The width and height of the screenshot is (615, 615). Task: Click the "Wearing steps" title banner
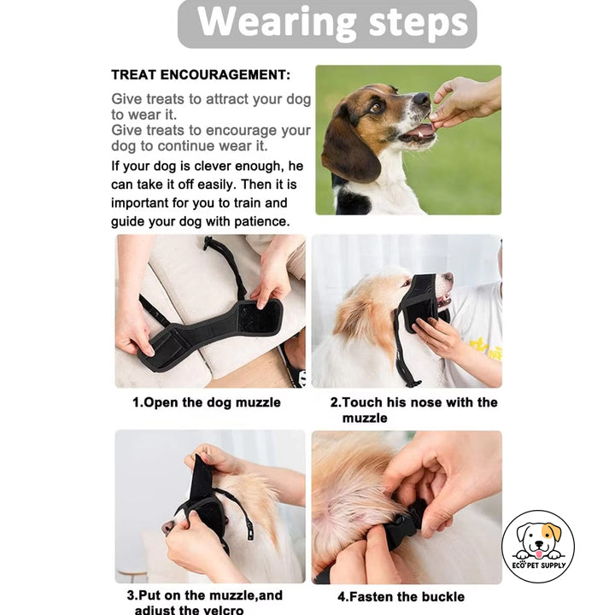327,24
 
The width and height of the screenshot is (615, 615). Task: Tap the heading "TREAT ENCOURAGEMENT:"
201,75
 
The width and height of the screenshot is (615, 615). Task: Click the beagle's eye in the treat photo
377,107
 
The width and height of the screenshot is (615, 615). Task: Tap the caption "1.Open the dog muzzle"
206,402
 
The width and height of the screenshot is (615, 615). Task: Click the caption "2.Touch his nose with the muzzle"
413,409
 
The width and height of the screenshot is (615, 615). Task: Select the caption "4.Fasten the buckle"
401,596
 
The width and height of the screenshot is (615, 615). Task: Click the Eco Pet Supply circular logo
537,547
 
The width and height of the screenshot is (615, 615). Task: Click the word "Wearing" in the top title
266,24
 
